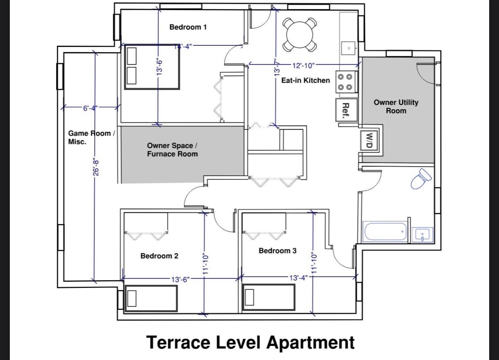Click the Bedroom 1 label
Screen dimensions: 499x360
click(x=188, y=27)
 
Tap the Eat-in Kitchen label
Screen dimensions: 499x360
click(x=305, y=80)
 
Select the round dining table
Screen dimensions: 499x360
click(x=300, y=35)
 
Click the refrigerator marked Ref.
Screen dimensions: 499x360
click(x=347, y=110)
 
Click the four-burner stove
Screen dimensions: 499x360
click(x=347, y=82)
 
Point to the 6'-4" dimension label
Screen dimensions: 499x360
click(x=90, y=108)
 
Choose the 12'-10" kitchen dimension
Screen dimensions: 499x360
click(x=304, y=66)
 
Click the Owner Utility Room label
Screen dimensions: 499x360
click(x=396, y=107)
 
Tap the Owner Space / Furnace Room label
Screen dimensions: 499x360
click(x=172, y=150)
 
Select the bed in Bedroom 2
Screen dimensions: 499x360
click(x=152, y=298)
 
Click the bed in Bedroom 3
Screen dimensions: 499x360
click(x=269, y=297)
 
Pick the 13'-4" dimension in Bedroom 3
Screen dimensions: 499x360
click(x=299, y=278)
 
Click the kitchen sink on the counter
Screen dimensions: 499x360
click(x=349, y=48)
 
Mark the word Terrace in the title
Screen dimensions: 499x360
click(x=178, y=342)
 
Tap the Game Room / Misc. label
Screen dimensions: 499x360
click(x=91, y=138)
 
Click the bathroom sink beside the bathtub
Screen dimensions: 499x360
click(x=423, y=235)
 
